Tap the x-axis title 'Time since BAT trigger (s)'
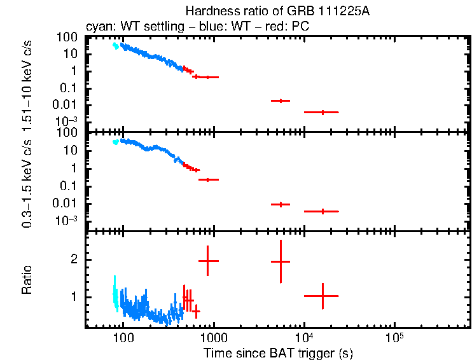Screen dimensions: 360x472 point(278,352)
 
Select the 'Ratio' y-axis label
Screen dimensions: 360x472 point(27,280)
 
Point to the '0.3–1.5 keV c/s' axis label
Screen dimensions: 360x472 point(27,182)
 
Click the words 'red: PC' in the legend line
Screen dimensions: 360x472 point(291,27)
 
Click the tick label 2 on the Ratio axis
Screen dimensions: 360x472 point(74,260)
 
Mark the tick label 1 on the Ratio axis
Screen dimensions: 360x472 point(74,297)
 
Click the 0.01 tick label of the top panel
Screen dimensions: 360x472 point(67,105)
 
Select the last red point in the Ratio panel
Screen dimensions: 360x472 point(323,296)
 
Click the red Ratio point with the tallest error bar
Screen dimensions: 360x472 point(281,261)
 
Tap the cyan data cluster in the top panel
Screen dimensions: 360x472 point(115,45)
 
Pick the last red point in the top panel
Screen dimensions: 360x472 point(323,112)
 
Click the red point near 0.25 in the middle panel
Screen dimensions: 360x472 point(208,180)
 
